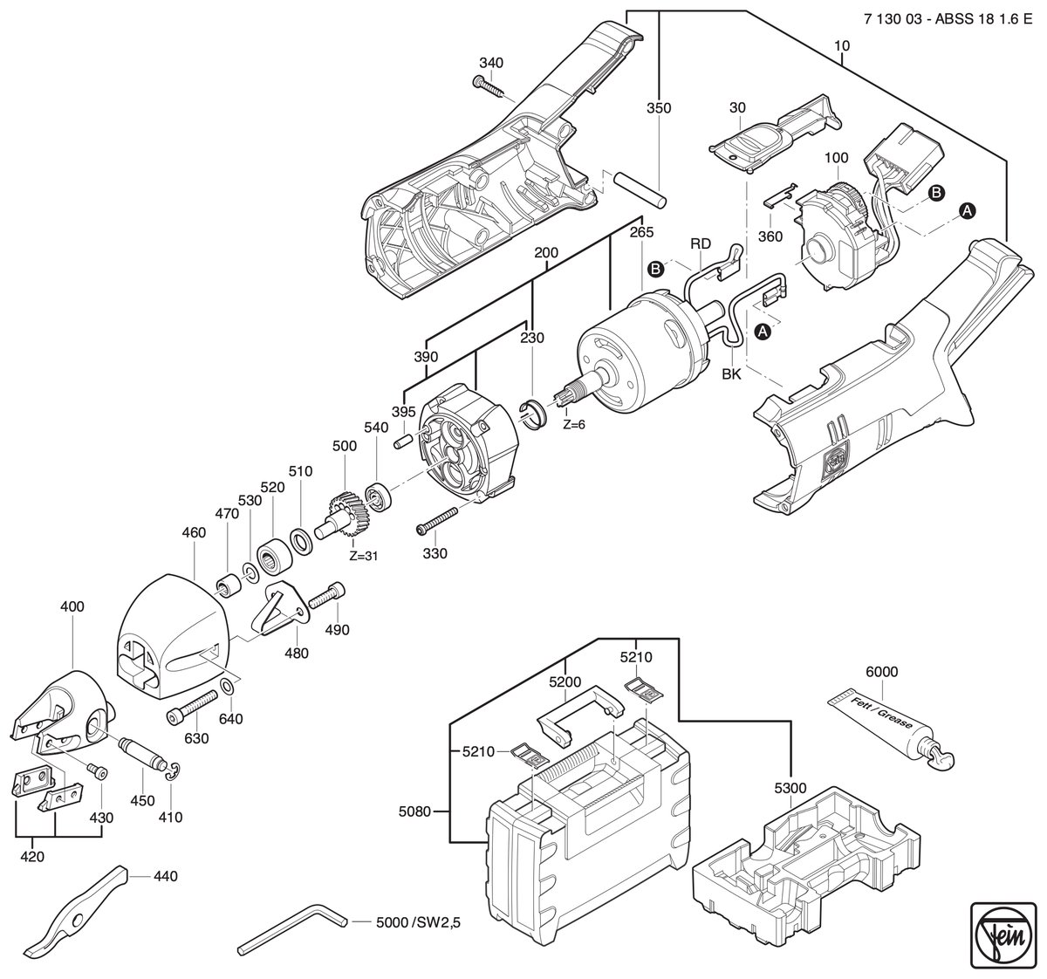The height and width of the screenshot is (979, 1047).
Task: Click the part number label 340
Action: coord(491,63)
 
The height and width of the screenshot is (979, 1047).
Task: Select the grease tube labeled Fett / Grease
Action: coord(890,729)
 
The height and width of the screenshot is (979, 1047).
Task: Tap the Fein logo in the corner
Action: coord(1003,938)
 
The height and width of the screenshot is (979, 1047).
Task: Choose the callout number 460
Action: coord(194,533)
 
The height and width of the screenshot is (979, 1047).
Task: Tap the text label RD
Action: coord(701,243)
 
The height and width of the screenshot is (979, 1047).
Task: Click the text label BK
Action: coord(732,374)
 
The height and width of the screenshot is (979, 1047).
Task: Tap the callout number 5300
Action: coord(790,788)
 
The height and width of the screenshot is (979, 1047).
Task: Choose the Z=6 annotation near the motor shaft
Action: coord(573,424)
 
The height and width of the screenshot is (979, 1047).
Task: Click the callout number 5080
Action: coord(415,811)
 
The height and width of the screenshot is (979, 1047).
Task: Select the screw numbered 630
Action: coord(192,705)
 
